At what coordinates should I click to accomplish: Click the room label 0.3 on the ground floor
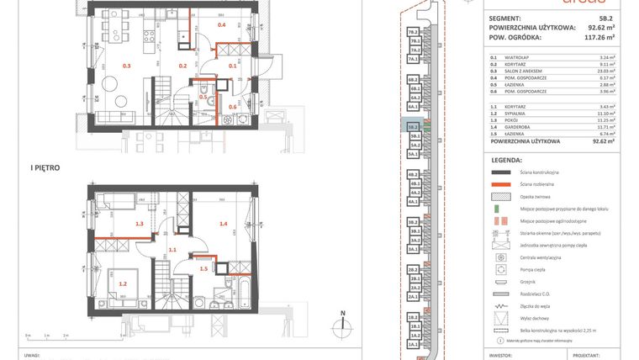[128, 65]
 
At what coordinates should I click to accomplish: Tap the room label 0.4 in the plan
[222, 25]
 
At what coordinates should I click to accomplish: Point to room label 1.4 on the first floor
[224, 224]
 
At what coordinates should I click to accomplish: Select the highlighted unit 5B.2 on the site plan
[413, 127]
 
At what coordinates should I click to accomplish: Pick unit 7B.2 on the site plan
[413, 31]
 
